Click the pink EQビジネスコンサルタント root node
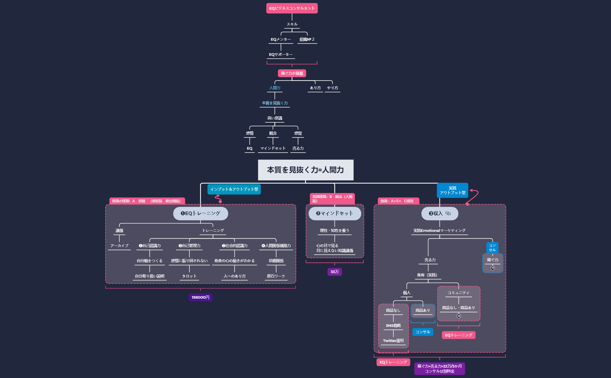pyautogui.click(x=292, y=8)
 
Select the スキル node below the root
pyautogui.click(x=292, y=24)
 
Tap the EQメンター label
pyautogui.click(x=280, y=40)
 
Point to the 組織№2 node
pyautogui.click(x=307, y=40)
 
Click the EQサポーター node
pyautogui.click(x=280, y=55)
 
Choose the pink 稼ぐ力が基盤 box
pyautogui.click(x=292, y=73)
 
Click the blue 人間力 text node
pyautogui.click(x=275, y=88)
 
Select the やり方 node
pyautogui.click(x=332, y=88)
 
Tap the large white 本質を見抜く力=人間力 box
pyautogui.click(x=305, y=170)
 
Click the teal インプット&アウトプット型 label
pyautogui.click(x=234, y=189)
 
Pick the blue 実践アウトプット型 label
pyautogui.click(x=452, y=190)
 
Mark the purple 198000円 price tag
pyautogui.click(x=200, y=297)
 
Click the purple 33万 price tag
pyautogui.click(x=335, y=272)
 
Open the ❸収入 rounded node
pyautogui.click(x=440, y=214)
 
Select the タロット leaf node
pyautogui.click(x=189, y=276)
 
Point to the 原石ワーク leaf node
pyautogui.click(x=276, y=276)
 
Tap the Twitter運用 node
pyautogui.click(x=393, y=341)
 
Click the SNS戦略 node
pyautogui.click(x=393, y=326)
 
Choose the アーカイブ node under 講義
pyautogui.click(x=119, y=246)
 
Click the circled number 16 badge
pyautogui.click(x=493, y=268)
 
